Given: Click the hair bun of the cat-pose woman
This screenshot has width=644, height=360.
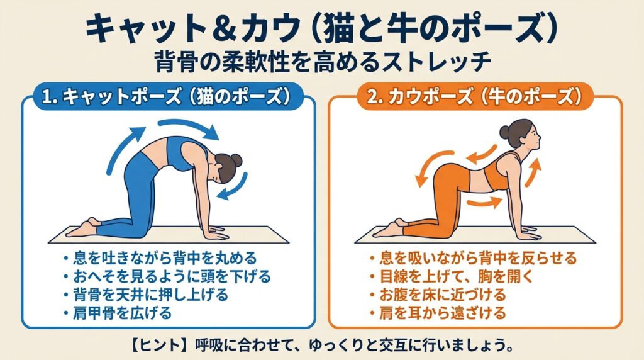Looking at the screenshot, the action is (236, 160).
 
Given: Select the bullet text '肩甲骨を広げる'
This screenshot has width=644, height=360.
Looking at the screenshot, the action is (123, 313).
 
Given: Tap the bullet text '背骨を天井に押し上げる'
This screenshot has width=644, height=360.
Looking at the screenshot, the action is (150, 295).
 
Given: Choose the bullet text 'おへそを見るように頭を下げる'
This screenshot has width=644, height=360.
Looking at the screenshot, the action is (172, 276).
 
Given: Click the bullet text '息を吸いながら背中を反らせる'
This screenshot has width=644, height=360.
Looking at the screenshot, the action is (479, 258).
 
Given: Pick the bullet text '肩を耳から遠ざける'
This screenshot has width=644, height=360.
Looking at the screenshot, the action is (443, 313).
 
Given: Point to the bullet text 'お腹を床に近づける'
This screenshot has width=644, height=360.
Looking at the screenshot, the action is (443, 295).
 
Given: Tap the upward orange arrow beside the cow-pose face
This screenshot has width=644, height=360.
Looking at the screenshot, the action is (533, 172).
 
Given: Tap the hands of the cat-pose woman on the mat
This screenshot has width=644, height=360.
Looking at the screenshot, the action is (216, 233).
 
